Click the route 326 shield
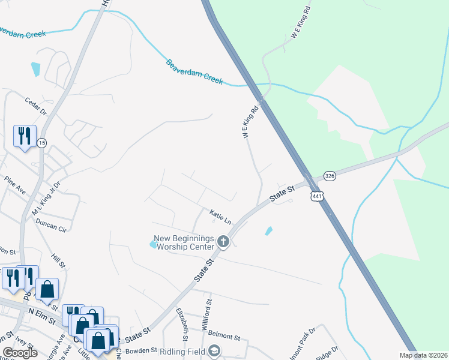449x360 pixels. tap(330, 176)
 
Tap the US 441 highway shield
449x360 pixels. tap(317, 196)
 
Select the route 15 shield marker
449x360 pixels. tap(41, 142)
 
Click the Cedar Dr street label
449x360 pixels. tap(36, 105)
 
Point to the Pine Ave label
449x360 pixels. tap(15, 185)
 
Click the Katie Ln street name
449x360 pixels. tap(220, 216)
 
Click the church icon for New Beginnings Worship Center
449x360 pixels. tap(223, 242)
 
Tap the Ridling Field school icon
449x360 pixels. tap(214, 351)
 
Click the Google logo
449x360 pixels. tap(20, 352)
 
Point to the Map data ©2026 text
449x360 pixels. tap(423, 355)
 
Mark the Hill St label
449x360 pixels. tap(58, 260)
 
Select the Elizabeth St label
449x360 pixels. tap(182, 324)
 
